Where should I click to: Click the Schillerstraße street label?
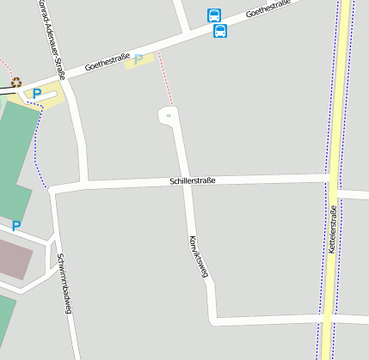coord(192,180)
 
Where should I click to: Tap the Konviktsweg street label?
coord(199,257)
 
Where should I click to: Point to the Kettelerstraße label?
coord(333,229)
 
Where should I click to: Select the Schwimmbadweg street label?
coord(63,283)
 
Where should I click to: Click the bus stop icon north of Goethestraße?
coord(214,15)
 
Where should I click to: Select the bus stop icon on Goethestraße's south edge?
coord(220,32)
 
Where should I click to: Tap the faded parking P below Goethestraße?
coord(138,59)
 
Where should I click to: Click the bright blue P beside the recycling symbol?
coord(37,92)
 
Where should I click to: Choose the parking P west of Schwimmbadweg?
coord(16,227)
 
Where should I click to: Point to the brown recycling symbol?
coord(15,82)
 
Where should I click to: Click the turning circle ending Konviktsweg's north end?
coord(169,115)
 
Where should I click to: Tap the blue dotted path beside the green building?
coord(37,146)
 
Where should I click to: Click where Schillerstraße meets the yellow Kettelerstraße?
coord(330,178)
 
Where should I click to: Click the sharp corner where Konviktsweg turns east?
coord(213,320)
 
